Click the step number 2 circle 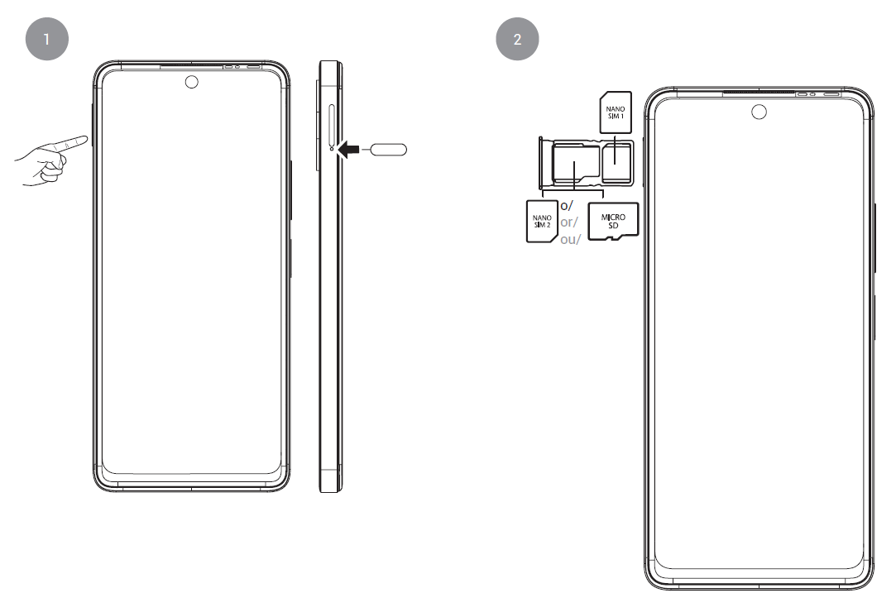coord(518,39)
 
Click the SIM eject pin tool coord(387,150)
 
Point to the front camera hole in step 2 coord(759,111)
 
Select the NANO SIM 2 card coord(542,221)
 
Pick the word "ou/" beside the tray coord(572,240)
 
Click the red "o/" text coord(568,205)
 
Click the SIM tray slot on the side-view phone coord(333,124)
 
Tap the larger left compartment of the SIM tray coord(574,164)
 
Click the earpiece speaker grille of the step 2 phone coord(758,93)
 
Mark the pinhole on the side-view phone coord(333,150)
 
